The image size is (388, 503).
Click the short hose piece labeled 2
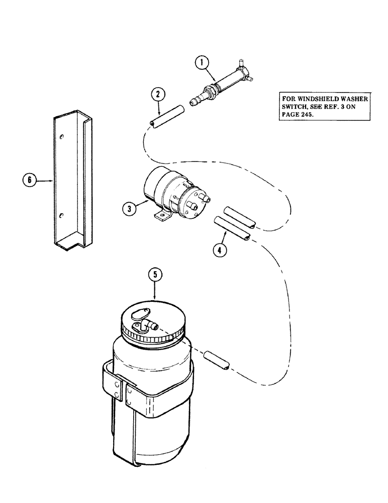pyautogui.click(x=160, y=120)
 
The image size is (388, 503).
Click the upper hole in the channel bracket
pyautogui.click(x=61, y=137)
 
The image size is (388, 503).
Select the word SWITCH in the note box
pyautogui.click(x=296, y=107)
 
